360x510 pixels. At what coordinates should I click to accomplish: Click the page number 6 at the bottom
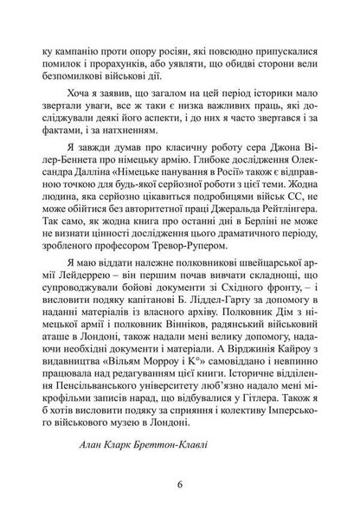180,481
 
